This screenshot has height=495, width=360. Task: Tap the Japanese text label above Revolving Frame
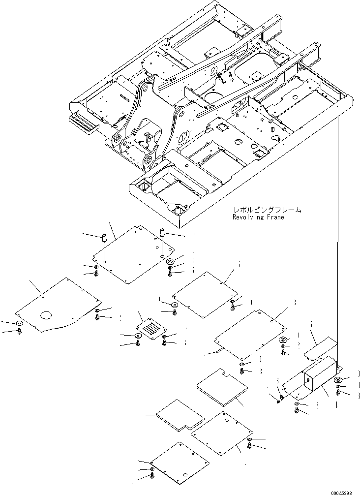[x=266, y=210]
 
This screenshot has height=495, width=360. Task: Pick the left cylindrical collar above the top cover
[x=104, y=237]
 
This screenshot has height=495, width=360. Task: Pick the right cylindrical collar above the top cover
[x=161, y=231]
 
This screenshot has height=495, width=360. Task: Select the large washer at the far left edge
[x=20, y=324]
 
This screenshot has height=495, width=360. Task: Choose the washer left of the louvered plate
[x=139, y=336]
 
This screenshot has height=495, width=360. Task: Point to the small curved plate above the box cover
[x=320, y=347]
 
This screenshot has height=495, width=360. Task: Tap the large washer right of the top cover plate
[x=171, y=262]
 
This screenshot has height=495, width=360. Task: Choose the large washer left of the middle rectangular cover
[x=175, y=306]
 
